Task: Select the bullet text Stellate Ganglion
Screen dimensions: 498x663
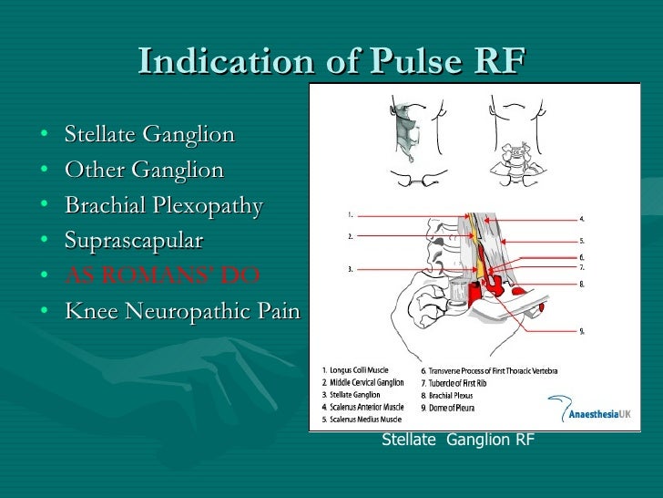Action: coord(149,135)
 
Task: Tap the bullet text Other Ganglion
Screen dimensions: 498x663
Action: coord(144,171)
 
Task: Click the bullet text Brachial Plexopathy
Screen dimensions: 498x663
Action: coord(163,205)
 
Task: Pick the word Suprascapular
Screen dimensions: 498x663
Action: coord(134,241)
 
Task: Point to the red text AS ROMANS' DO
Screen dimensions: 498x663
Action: coord(162,275)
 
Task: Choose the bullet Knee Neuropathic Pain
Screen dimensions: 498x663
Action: coord(182,311)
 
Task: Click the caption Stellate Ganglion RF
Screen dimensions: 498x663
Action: coord(457,441)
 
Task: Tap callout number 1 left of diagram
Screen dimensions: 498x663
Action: coord(350,215)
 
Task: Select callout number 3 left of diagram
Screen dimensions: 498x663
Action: coord(350,269)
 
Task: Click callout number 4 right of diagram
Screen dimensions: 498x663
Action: coord(582,219)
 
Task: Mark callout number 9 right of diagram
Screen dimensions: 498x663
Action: coord(582,329)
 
